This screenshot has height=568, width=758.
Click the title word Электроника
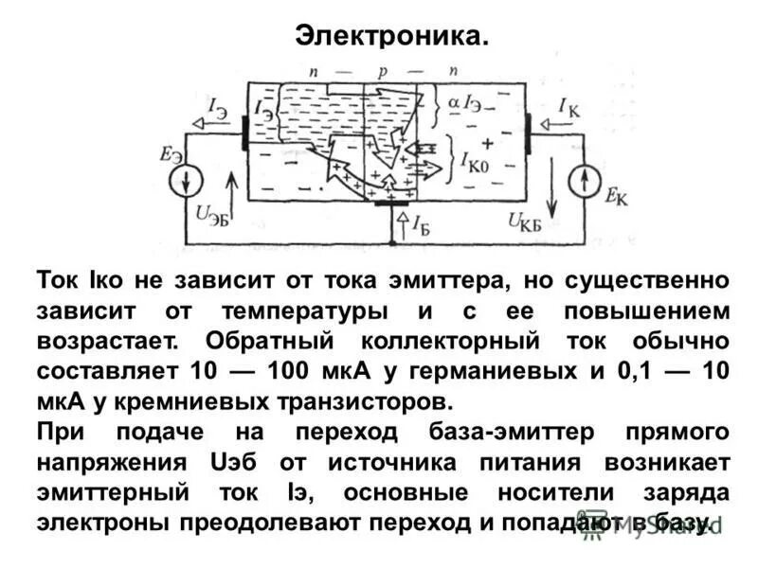(392, 35)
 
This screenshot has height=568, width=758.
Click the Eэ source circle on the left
(184, 179)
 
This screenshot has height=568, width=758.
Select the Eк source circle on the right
(586, 179)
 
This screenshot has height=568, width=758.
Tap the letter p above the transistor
(383, 71)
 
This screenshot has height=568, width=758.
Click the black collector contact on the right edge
(529, 133)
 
